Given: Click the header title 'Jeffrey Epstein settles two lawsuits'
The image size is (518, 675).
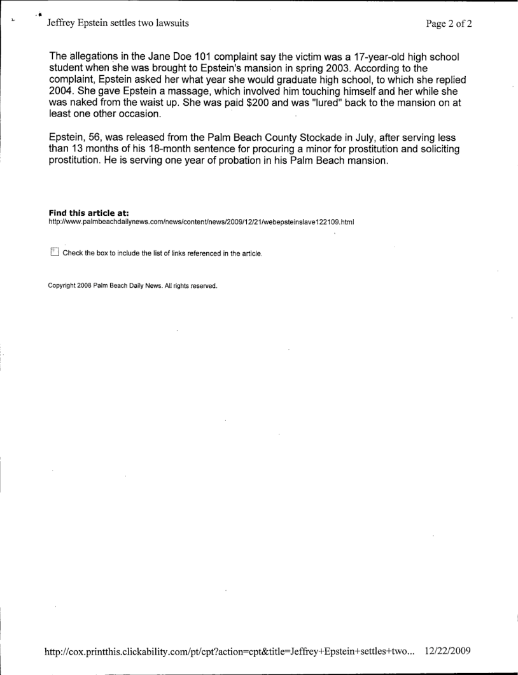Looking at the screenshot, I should (x=117, y=24).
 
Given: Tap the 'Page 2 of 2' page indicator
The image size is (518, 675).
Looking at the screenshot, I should (x=449, y=24).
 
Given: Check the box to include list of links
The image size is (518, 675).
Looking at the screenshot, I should (x=53, y=252).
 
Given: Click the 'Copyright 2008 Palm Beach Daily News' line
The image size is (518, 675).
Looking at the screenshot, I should (x=133, y=285).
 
